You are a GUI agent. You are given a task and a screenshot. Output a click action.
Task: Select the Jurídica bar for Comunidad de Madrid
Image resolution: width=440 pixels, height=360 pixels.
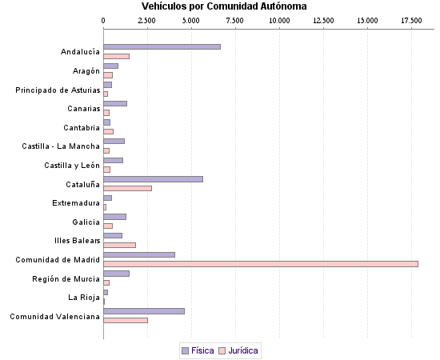(261, 264)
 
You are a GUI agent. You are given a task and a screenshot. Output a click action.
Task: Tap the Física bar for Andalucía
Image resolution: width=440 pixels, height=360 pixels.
(162, 46)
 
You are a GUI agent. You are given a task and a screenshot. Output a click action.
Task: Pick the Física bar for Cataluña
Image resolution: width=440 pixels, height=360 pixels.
(153, 178)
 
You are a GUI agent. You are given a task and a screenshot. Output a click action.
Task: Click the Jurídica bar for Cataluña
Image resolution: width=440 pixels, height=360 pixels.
(127, 188)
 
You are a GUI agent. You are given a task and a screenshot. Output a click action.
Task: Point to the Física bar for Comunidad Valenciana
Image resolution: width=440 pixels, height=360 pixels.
(144, 311)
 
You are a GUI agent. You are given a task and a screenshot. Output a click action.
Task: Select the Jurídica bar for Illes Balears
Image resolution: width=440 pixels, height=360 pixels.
(120, 245)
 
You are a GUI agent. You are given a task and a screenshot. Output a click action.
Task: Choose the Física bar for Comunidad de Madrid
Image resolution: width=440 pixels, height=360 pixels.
(139, 254)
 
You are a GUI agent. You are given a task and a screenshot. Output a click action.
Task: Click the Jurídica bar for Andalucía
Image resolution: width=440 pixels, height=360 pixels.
(116, 56)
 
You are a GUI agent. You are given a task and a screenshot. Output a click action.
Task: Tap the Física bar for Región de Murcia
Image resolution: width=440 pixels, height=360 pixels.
(116, 274)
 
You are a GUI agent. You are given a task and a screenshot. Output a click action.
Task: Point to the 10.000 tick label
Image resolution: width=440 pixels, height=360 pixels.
(279, 19)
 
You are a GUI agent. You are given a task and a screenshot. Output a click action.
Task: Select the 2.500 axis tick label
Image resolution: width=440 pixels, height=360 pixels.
(147, 19)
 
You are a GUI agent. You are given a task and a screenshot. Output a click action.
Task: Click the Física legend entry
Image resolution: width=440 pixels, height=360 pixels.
(198, 350)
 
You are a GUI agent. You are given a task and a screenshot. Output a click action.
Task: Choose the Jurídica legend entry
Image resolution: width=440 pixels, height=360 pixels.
(239, 350)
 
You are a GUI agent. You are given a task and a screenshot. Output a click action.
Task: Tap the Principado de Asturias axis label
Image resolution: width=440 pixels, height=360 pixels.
(58, 90)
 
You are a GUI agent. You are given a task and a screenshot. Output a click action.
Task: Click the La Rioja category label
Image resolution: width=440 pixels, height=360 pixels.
(84, 298)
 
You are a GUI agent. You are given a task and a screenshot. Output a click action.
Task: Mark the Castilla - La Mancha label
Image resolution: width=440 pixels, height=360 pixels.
(61, 146)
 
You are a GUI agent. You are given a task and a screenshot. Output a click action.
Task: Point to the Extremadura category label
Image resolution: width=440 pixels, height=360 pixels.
(76, 203)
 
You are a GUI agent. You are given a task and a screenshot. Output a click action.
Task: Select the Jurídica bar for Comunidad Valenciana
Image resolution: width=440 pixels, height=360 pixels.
(126, 321)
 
